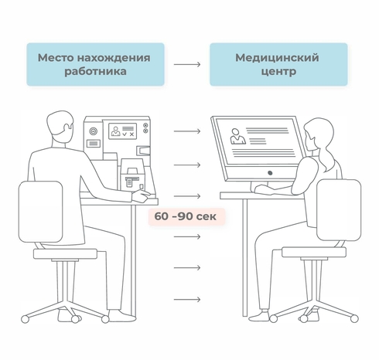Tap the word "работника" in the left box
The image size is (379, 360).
95,71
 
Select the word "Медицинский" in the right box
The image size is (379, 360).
277,58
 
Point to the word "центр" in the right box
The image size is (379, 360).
278,71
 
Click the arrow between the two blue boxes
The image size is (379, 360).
187,64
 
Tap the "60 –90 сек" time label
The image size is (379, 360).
186,216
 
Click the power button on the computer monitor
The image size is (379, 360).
270,173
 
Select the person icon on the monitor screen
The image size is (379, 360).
237,136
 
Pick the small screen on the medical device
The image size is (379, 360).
122,131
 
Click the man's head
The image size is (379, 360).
60,126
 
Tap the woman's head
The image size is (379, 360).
319,134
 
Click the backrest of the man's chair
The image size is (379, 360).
40,212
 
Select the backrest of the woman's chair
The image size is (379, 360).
339,210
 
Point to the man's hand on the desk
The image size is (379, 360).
141,195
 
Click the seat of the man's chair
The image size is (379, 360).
66,254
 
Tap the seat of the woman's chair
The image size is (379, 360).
314,252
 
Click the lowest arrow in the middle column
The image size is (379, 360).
187,300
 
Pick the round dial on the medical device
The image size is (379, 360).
93,131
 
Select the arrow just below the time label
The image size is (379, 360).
187,236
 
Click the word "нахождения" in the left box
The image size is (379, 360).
114,58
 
